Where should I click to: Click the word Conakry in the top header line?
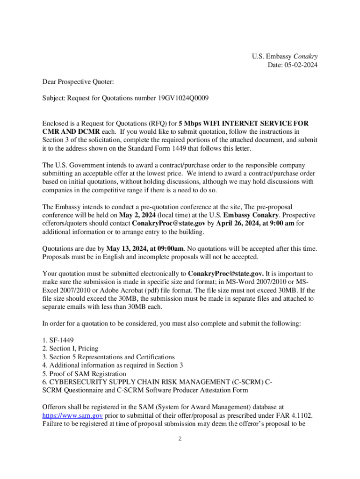pos(306,57)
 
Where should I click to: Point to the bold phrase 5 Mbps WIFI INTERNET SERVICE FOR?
pos(244,123)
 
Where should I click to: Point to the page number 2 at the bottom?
pos(180,439)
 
